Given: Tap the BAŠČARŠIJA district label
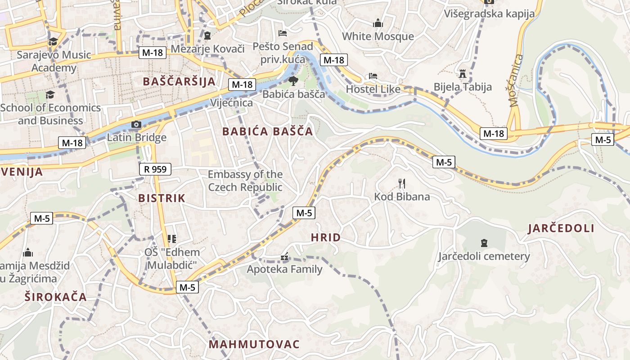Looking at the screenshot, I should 179,81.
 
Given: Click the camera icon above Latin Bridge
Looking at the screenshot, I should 136,124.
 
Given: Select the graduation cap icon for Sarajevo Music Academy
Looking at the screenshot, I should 53,41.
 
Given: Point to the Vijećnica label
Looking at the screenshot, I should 231,103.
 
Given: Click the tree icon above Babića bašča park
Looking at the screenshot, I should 293,81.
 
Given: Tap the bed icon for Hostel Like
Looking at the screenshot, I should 373,76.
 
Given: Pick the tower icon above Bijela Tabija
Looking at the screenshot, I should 462,73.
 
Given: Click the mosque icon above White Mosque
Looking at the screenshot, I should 378,23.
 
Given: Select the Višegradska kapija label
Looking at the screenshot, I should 489,13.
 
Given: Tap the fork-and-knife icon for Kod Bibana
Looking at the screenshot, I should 402,183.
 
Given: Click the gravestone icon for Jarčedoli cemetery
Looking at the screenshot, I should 484,243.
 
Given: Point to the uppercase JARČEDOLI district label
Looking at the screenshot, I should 561,228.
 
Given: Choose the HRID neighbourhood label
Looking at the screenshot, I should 326,238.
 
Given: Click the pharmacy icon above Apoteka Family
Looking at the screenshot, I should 284,256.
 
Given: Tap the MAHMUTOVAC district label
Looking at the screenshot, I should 254,345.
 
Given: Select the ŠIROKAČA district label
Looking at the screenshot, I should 55,297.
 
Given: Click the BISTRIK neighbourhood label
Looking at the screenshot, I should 162,198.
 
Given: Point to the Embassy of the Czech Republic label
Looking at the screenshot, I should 245,181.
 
